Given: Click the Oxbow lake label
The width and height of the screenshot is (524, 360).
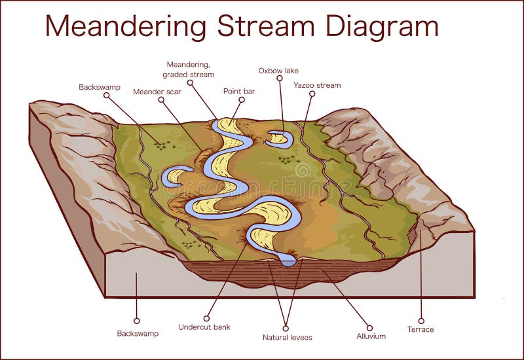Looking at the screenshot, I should pyautogui.click(x=278, y=70).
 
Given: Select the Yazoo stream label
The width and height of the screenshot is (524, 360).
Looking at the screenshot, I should pyautogui.click(x=317, y=85).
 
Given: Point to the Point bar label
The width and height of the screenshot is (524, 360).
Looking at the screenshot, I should pyautogui.click(x=239, y=92).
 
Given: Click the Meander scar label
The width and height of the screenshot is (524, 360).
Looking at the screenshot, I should pyautogui.click(x=157, y=92).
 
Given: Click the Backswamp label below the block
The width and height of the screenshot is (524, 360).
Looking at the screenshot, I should pyautogui.click(x=138, y=333).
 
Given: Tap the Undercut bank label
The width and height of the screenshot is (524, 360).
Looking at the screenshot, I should pyautogui.click(x=204, y=327).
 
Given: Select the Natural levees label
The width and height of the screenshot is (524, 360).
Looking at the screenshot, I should pyautogui.click(x=287, y=338).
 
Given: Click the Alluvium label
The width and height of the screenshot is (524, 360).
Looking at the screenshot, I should pyautogui.click(x=371, y=336).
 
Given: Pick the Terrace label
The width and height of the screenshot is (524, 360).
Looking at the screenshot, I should pyautogui.click(x=421, y=329).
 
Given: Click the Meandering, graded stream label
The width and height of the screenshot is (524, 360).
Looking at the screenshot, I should pyautogui.click(x=188, y=69).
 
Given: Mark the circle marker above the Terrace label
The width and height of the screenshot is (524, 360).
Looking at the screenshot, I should pyautogui.click(x=421, y=321).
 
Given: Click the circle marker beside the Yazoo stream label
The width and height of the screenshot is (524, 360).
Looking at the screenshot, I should pyautogui.click(x=312, y=94).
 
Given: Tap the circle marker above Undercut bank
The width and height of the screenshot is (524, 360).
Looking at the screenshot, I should pyautogui.click(x=206, y=319).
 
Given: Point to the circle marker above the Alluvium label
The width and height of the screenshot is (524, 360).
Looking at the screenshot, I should pyautogui.click(x=369, y=327).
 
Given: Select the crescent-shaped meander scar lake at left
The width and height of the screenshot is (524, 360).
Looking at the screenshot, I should pyautogui.click(x=174, y=175).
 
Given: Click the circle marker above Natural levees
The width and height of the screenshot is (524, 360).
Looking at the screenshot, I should pyautogui.click(x=286, y=329).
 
